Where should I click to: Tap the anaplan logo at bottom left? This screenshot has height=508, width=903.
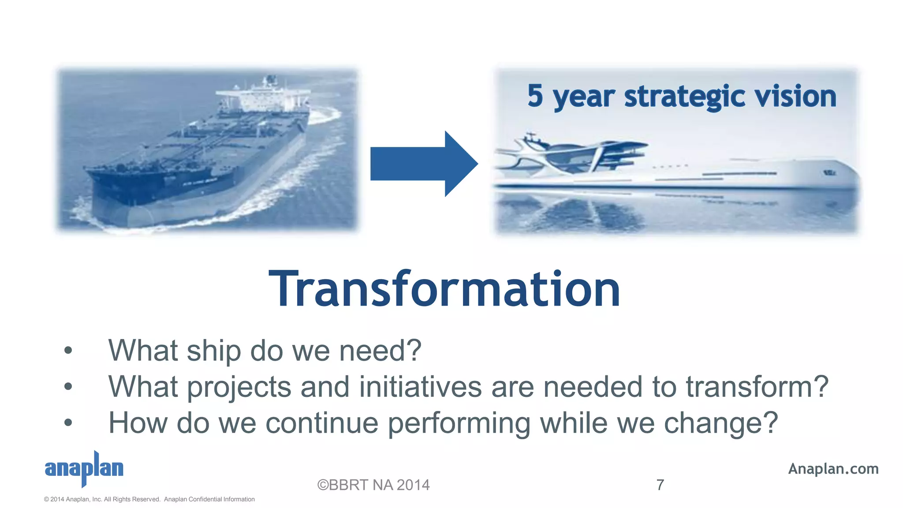(84, 468)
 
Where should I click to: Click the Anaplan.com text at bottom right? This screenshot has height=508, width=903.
(833, 468)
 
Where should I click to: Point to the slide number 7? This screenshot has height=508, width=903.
(660, 485)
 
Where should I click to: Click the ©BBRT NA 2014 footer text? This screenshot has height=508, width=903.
(373, 485)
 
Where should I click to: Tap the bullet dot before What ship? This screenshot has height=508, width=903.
(68, 351)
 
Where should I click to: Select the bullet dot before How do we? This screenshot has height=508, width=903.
(68, 423)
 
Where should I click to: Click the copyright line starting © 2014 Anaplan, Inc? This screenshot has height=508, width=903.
(149, 499)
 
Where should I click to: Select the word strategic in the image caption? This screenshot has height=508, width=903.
(684, 96)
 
